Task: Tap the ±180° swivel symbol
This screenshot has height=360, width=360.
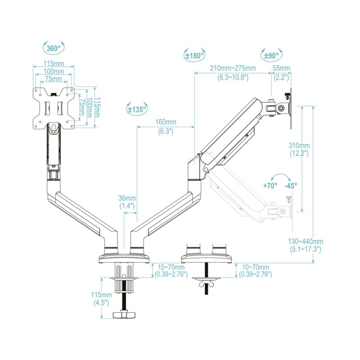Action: (194, 55)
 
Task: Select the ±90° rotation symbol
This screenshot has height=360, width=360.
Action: (270, 55)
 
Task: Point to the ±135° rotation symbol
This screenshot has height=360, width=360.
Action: (137, 109)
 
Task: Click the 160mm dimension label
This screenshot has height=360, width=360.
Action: (166, 122)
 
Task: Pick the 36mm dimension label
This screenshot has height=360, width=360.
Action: (127, 198)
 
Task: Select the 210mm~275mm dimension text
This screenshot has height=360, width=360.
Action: (233, 68)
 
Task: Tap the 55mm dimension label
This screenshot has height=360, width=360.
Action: (282, 68)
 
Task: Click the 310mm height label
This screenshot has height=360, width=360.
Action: (299, 145)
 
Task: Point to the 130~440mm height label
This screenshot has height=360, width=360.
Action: (305, 241)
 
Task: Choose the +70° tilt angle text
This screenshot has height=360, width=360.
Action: (270, 185)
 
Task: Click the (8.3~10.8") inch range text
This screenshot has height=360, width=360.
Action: (233, 77)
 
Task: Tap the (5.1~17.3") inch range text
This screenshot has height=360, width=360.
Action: (305, 249)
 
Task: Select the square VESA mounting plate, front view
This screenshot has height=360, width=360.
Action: (54, 108)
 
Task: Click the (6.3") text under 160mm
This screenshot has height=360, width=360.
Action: (166, 131)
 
